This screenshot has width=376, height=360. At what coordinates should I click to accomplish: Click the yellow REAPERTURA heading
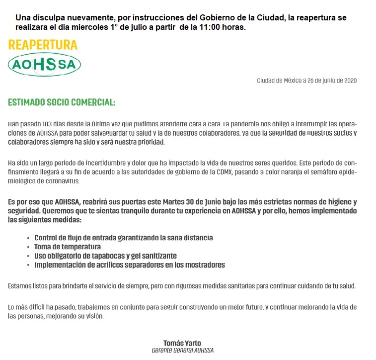point(43,45)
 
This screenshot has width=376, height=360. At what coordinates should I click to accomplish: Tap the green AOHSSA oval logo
point(45,65)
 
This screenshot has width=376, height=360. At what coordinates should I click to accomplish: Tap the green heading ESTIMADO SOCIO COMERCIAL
point(62,103)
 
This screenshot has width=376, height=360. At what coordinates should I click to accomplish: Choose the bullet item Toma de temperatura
point(68,247)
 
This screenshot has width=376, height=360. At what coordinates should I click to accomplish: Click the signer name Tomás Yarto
point(182,343)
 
